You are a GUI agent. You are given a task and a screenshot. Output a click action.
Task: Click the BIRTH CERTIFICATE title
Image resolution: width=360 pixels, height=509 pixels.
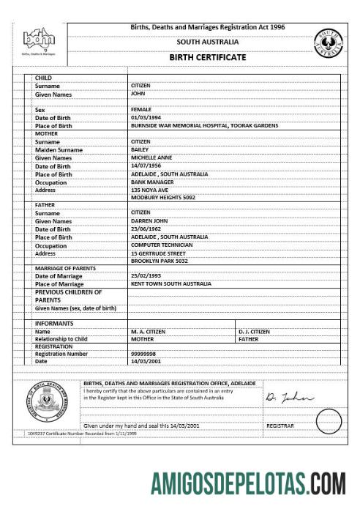[x=207, y=57]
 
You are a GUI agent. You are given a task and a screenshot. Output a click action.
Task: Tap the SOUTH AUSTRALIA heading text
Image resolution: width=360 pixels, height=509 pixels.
[x=207, y=42]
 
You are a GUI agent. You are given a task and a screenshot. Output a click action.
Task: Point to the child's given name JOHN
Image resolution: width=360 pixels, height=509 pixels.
[x=138, y=94]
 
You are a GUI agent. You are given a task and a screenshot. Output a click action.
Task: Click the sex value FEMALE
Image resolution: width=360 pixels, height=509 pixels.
[x=141, y=109]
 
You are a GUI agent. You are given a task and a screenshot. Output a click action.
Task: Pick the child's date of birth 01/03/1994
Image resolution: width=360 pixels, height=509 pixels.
[x=146, y=117]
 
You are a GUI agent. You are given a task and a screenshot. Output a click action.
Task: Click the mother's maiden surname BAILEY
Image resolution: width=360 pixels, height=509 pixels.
[x=139, y=149]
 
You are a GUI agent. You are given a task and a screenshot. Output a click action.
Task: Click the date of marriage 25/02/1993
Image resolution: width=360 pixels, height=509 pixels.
[x=146, y=275]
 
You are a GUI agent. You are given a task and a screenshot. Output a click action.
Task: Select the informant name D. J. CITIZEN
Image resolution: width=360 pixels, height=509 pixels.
[x=255, y=331]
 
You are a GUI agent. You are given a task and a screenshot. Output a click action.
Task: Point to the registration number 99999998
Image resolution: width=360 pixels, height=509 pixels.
[x=145, y=354]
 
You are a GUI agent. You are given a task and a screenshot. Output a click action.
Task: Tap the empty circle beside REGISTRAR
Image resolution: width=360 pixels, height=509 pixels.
[x=329, y=422]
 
